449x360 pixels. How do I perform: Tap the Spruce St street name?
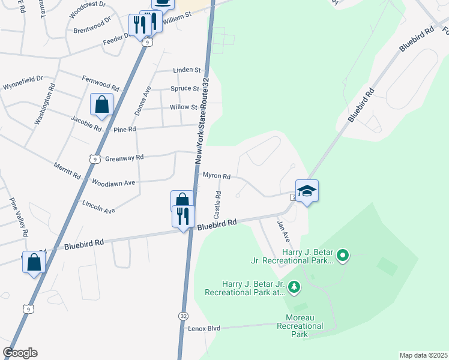pyautogui.click(x=184, y=89)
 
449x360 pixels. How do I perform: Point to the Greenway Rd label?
pyautogui.click(x=124, y=158)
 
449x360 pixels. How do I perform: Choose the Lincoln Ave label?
pyautogui.click(x=98, y=207)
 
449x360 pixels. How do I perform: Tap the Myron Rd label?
pyautogui.click(x=216, y=176)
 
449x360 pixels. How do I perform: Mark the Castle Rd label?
pyautogui.click(x=218, y=205)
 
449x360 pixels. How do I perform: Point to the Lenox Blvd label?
pyautogui.click(x=205, y=328)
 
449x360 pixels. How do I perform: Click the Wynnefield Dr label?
pyautogui.click(x=23, y=79)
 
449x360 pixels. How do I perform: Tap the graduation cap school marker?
pyautogui.click(x=307, y=191)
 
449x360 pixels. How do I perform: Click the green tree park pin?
pyautogui.click(x=294, y=288)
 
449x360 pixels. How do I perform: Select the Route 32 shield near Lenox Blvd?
pyautogui.click(x=182, y=315)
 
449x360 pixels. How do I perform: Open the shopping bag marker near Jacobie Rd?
pyautogui.click(x=102, y=104)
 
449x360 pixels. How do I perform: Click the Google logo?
pyautogui.click(x=19, y=353)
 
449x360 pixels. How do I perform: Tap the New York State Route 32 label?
pyautogui.click(x=203, y=121)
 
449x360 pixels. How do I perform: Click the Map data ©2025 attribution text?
pyautogui.click(x=424, y=355)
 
